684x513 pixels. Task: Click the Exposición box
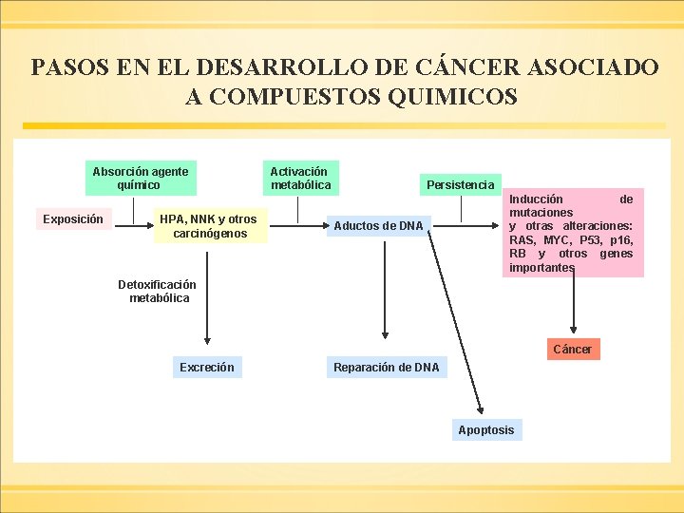tap(73, 219)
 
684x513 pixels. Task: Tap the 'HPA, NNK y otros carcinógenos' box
tap(208, 226)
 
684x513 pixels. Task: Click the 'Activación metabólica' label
tap(301, 178)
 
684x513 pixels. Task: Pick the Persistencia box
tap(461, 184)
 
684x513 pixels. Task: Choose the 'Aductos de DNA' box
tap(378, 226)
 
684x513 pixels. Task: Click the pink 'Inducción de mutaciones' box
tap(571, 234)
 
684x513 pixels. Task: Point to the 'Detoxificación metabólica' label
tap(158, 291)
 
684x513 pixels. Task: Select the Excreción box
tap(207, 368)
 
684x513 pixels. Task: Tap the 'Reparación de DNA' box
tap(386, 368)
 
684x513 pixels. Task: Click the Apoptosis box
tap(485, 430)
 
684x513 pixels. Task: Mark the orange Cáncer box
tap(572, 350)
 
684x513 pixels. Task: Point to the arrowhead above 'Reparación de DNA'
tap(385, 334)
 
